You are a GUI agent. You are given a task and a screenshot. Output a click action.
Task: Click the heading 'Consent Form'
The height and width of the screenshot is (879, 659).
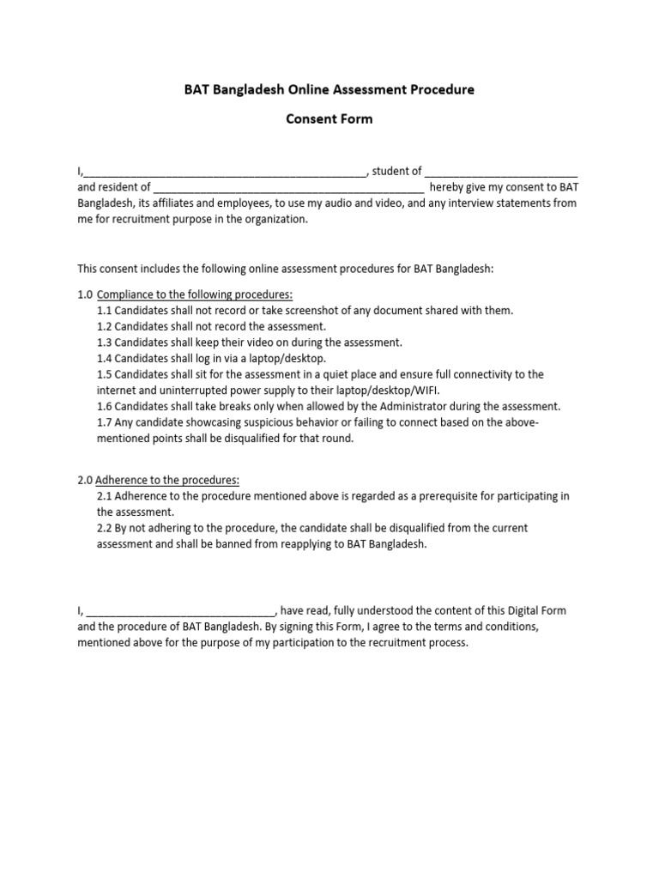point(329,119)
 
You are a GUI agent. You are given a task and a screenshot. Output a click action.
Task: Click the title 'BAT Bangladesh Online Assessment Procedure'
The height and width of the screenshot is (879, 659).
point(329,89)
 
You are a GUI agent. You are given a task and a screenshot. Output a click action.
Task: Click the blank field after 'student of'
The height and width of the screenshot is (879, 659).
point(501,172)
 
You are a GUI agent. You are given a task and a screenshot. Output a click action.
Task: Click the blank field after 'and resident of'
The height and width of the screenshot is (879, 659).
point(288,187)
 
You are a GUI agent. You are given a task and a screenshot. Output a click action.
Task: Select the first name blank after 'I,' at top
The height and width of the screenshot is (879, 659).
point(225,172)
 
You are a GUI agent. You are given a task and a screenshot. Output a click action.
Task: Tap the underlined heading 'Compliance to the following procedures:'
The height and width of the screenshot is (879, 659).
point(195,294)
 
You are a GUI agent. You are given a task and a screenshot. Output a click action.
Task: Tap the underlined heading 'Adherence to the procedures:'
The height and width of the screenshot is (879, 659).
point(166,480)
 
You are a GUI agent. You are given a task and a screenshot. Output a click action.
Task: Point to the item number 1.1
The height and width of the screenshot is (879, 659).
point(106,311)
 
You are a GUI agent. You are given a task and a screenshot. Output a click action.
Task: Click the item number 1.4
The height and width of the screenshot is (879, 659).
point(106,359)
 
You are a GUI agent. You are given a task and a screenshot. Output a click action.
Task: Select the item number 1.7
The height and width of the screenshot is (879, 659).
point(106,422)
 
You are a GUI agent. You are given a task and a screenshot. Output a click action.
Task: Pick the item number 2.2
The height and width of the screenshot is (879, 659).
point(106,528)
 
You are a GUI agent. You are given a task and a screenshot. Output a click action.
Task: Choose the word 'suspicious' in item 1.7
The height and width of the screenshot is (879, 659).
point(240,422)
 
